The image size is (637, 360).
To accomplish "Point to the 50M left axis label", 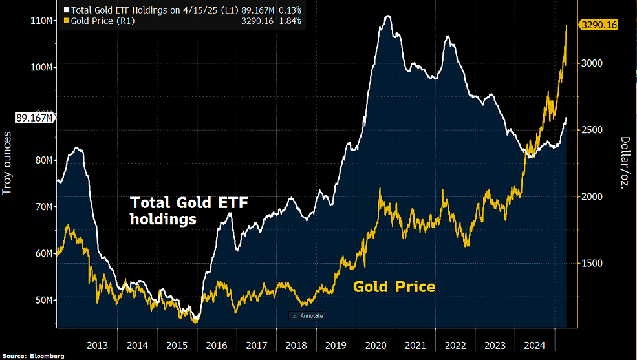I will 43,300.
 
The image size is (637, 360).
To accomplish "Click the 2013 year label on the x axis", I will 97,345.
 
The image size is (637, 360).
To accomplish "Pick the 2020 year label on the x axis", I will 376,345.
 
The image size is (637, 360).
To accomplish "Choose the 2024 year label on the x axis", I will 535,345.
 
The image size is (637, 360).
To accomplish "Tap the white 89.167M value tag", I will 33,118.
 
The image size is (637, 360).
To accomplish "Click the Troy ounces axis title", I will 8,162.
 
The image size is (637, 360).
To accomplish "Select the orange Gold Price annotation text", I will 394,286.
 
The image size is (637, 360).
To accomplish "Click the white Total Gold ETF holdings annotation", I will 189,211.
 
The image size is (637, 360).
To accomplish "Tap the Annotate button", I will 307,315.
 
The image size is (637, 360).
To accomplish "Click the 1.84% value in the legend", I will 291,21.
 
